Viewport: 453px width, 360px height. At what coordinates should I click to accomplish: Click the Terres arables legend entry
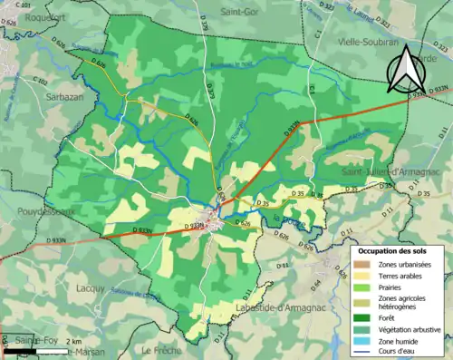400,275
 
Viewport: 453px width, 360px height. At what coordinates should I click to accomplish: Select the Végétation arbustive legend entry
410,329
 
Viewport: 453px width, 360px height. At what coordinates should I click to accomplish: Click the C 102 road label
42,81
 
